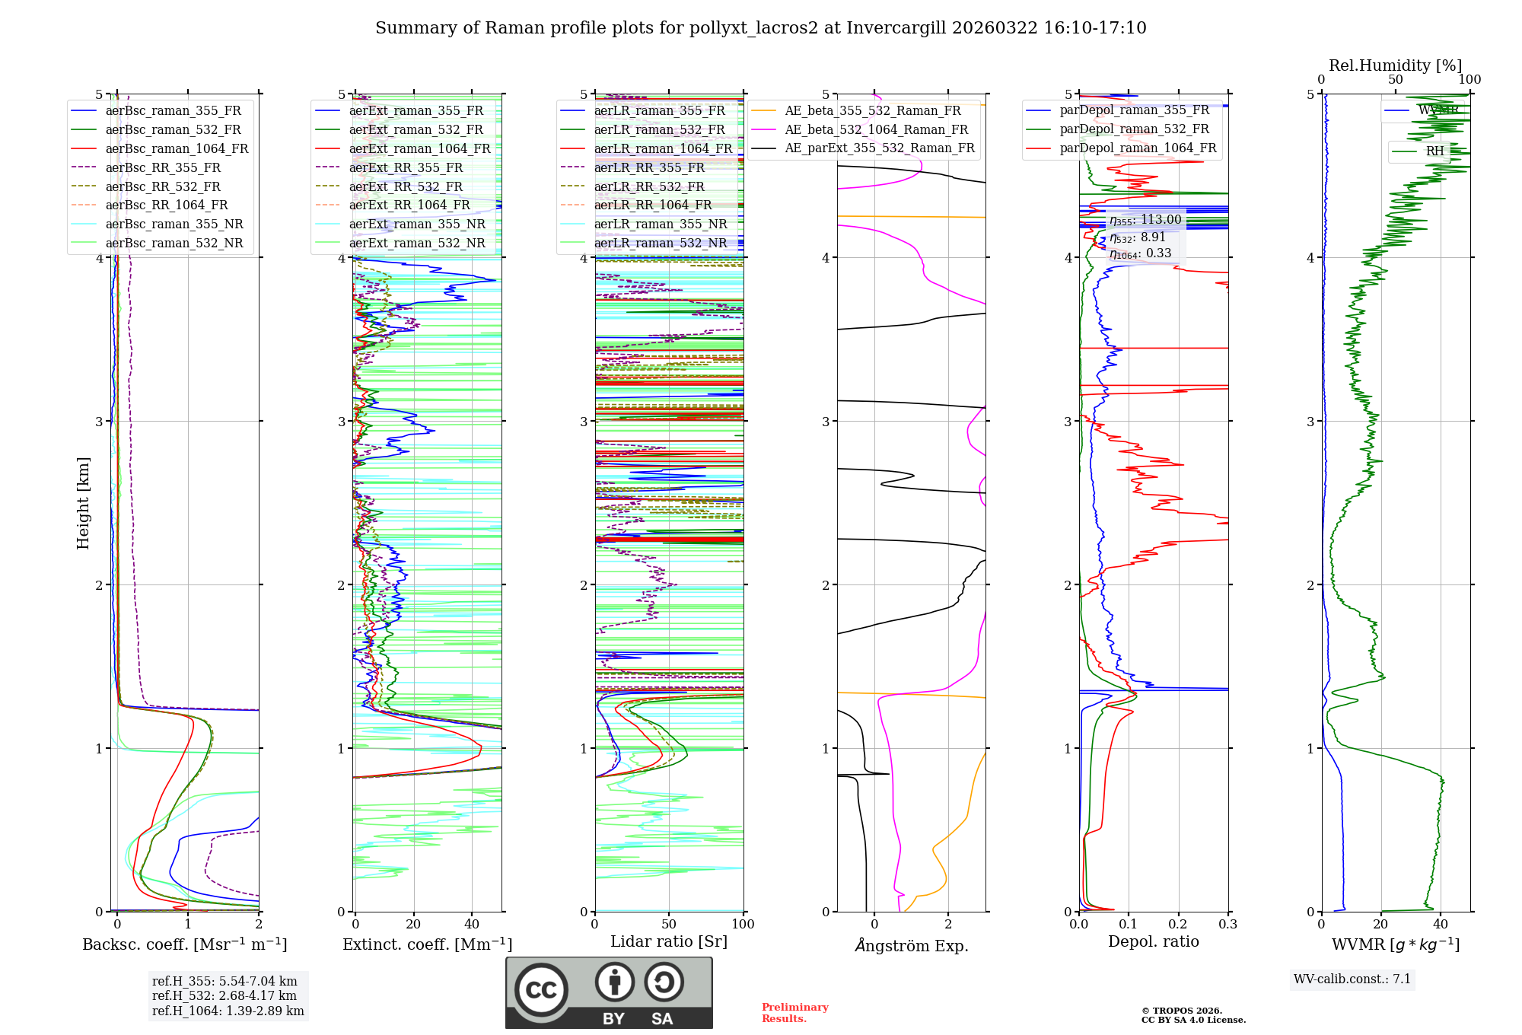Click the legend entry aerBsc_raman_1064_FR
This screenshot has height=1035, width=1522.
pyautogui.click(x=177, y=148)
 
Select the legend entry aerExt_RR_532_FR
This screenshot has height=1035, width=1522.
pyautogui.click(x=406, y=186)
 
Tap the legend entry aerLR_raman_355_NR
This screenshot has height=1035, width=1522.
pyautogui.click(x=661, y=224)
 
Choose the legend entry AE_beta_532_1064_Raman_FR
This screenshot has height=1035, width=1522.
pyautogui.click(x=876, y=129)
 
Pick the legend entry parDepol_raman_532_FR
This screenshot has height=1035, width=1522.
pyautogui.click(x=1134, y=129)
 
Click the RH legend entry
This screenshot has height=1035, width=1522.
pyautogui.click(x=1434, y=151)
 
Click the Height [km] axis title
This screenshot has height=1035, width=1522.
pyautogui.click(x=83, y=503)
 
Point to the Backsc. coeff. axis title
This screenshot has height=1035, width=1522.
pyautogui.click(x=184, y=944)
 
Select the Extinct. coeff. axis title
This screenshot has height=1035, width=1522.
pyautogui.click(x=427, y=944)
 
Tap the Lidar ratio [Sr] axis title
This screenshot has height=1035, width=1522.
pyautogui.click(x=669, y=941)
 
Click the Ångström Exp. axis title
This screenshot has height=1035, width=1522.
pyautogui.click(x=912, y=945)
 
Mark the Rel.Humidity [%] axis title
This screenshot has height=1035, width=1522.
pyautogui.click(x=1395, y=65)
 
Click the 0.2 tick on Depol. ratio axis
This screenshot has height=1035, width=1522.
pyautogui.click(x=1178, y=924)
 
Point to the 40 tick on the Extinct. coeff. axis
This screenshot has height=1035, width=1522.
pyautogui.click(x=472, y=924)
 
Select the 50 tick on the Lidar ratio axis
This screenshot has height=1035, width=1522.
pyautogui.click(x=669, y=924)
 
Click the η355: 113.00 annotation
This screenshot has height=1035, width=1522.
pyautogui.click(x=1145, y=220)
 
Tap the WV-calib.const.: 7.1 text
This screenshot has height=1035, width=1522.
pyautogui.click(x=1352, y=979)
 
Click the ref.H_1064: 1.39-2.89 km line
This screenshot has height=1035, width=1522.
pyautogui.click(x=228, y=1011)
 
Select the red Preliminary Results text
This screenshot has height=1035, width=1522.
pyautogui.click(x=794, y=1013)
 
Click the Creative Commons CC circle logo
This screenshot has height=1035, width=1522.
pyautogui.click(x=541, y=990)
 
